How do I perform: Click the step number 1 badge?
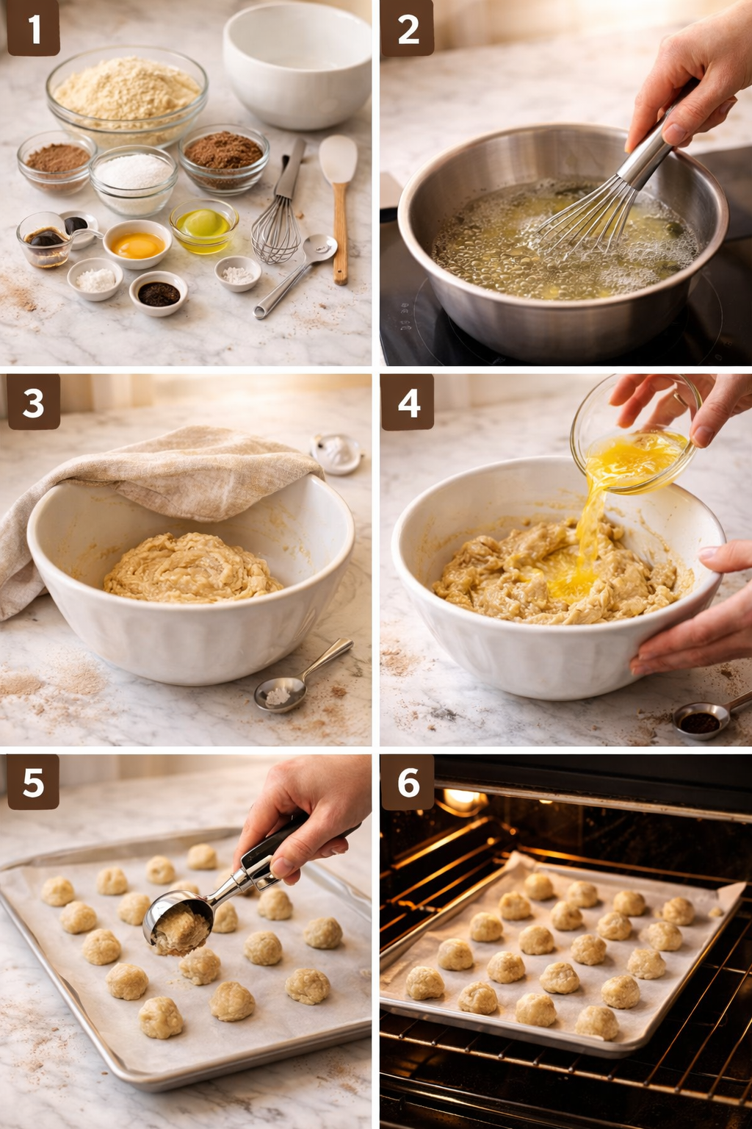coord(33,29)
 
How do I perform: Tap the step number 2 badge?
coord(408,29)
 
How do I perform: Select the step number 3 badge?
coord(33,403)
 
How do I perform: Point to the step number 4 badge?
coord(408,403)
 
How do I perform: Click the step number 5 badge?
coord(33,783)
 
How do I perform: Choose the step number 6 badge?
coord(408,783)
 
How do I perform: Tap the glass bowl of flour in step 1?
coord(126,96)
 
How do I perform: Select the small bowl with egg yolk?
coord(137,244)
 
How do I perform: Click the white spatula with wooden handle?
coord(339,198)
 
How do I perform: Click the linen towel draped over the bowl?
coord(184,470)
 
